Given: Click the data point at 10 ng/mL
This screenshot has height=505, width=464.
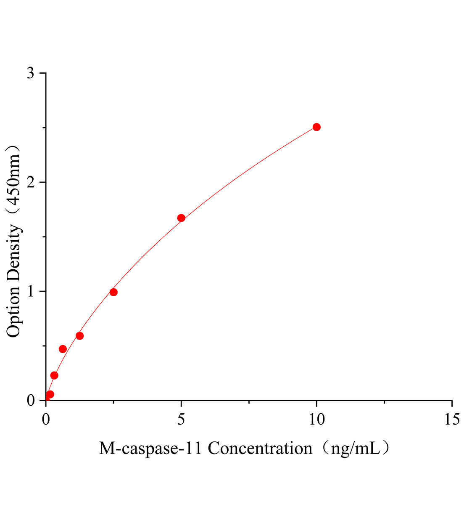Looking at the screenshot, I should tap(316, 127).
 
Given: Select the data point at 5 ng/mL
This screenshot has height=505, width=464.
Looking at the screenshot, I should tap(181, 218).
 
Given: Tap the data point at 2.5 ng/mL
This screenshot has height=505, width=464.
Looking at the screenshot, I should tap(113, 292).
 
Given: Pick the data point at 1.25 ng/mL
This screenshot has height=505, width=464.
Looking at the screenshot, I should tap(79, 336).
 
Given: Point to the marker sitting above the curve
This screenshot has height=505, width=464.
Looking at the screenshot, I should tap(63, 349).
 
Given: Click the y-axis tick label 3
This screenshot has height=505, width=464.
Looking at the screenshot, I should tap(31, 73).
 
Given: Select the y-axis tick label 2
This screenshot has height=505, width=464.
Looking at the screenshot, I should tap(31, 182).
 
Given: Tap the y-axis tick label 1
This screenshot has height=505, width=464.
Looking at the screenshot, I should tap(31, 291).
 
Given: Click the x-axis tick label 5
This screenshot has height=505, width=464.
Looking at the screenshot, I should tap(181, 419).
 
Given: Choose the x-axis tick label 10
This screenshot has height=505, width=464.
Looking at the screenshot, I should tap(316, 419).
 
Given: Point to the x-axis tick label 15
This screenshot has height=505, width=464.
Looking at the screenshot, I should tap(451, 419).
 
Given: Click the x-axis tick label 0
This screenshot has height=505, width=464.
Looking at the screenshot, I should tap(46, 419).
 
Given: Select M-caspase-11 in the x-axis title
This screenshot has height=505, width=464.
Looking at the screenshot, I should tap(151, 449).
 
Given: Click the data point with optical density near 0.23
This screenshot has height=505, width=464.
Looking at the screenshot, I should tap(54, 375).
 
